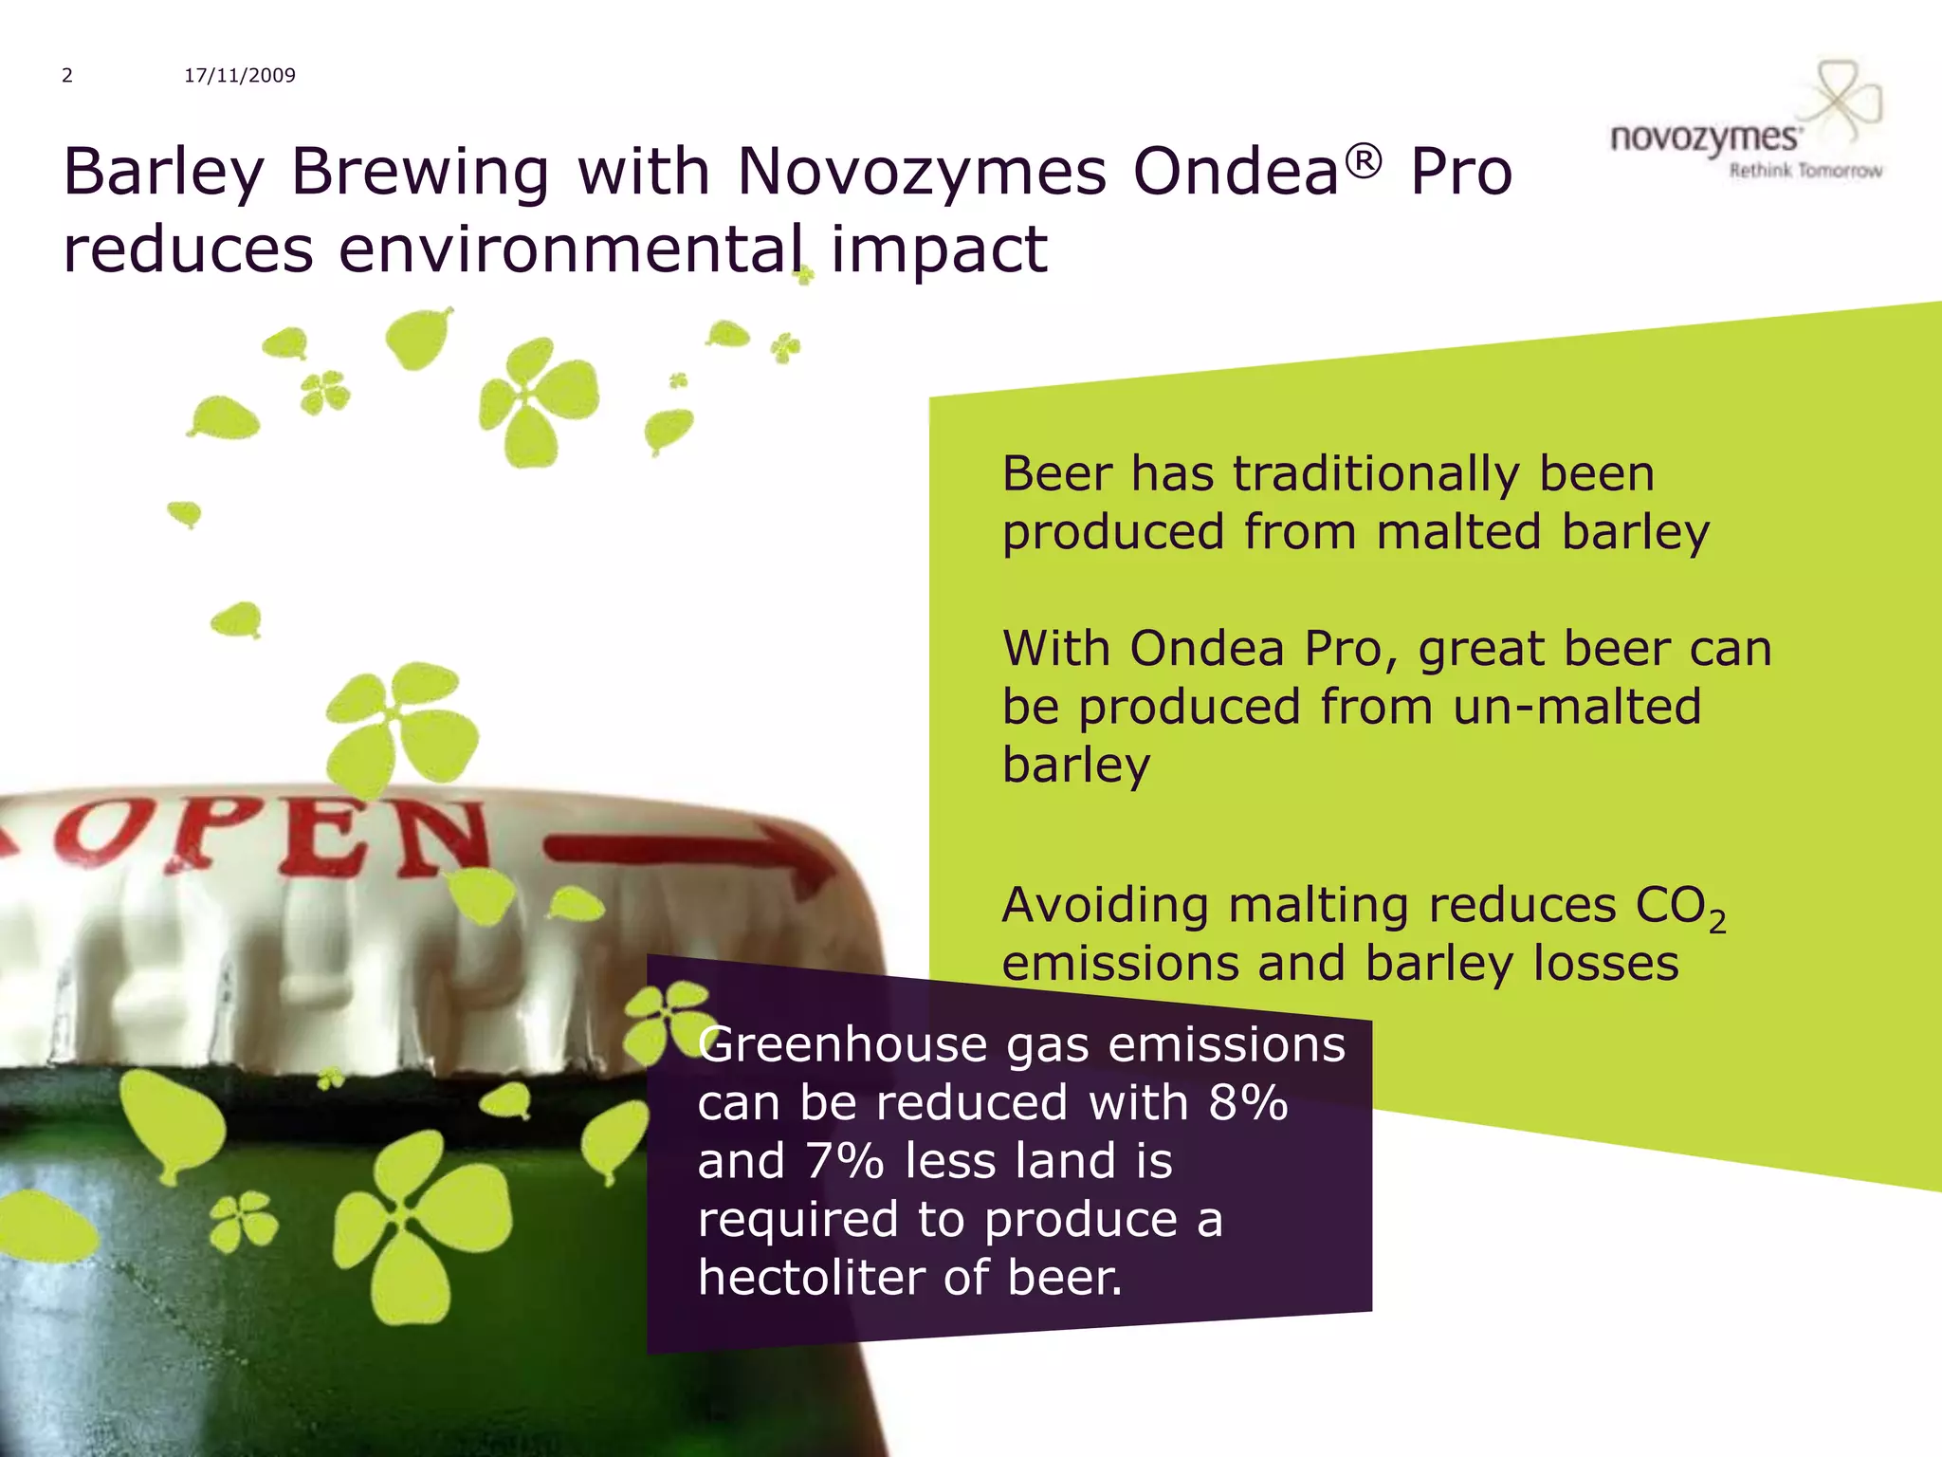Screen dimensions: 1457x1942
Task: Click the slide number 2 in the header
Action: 67,76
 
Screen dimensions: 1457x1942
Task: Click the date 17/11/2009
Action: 240,76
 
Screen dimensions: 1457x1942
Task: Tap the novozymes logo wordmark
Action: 1704,138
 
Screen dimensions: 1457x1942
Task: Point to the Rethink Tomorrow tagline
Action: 1805,171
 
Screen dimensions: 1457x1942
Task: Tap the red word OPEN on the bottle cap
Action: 275,837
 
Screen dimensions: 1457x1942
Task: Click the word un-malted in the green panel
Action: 1576,707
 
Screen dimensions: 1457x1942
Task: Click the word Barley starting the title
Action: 163,173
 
